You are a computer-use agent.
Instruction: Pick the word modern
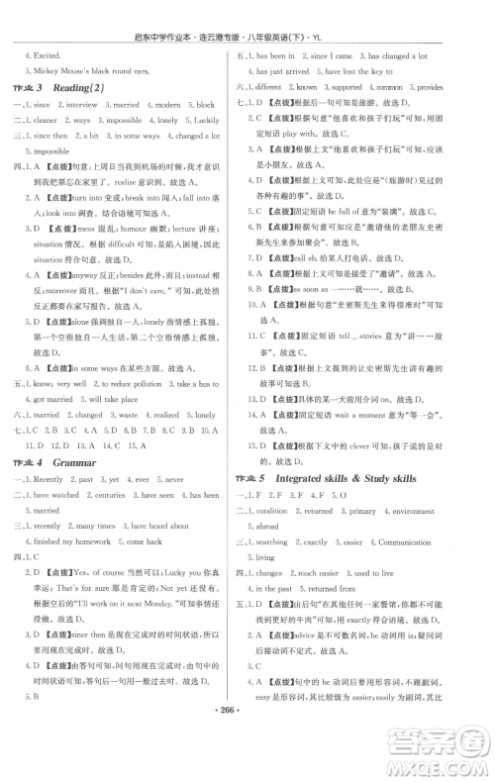(x=171, y=104)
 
